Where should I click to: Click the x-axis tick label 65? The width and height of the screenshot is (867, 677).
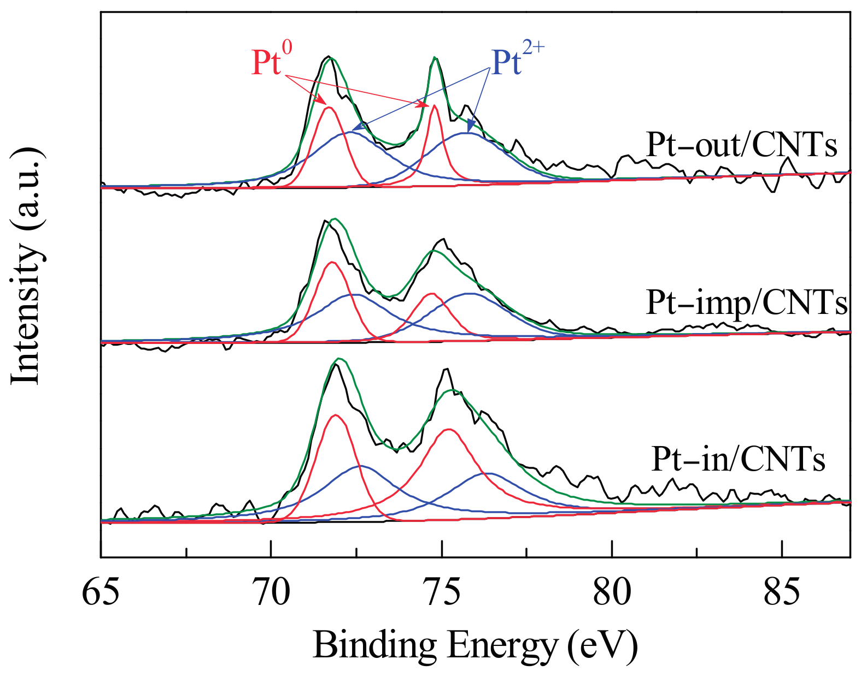point(101,594)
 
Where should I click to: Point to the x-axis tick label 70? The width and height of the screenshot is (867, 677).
point(271,594)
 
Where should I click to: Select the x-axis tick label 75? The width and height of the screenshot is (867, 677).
point(442,594)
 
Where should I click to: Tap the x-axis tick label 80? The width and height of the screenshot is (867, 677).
point(612,594)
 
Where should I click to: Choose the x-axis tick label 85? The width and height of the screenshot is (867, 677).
point(782,594)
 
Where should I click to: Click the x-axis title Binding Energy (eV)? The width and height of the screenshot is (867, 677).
point(475,645)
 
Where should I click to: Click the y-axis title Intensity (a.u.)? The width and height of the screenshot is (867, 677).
point(26,266)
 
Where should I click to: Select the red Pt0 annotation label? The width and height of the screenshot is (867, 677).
point(272,61)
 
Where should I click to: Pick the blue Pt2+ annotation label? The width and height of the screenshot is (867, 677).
point(517,61)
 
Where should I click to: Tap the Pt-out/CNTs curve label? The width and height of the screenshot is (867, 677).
point(741,145)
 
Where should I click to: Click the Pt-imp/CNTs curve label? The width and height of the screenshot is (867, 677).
point(746,302)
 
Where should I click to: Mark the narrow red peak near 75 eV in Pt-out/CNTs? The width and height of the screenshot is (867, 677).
point(435,106)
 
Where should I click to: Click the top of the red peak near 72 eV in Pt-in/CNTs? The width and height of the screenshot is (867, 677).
point(335,415)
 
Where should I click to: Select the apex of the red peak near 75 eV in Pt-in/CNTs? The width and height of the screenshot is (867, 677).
point(449,429)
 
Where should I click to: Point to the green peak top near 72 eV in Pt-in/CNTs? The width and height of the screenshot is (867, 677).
point(339,359)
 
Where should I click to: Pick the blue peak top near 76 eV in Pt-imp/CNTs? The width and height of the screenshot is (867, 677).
point(469,294)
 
